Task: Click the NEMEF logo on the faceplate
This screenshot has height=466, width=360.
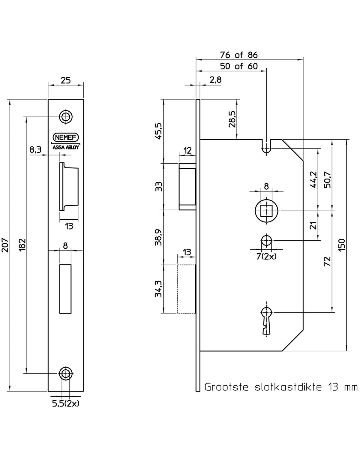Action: pos(66,137)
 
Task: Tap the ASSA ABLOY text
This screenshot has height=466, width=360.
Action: pos(66,148)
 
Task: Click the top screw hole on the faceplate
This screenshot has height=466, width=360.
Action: pos(66,117)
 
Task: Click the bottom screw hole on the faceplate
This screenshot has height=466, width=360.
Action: pos(66,373)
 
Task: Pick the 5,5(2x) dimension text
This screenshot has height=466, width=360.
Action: pos(66,404)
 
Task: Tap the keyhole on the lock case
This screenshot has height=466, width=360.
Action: pos(266,320)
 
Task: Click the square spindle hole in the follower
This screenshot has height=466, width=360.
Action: pos(266,211)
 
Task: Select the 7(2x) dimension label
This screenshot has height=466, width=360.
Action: pos(266,256)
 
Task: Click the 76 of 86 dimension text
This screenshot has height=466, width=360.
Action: pos(239,55)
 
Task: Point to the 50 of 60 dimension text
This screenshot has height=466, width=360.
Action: pos(239,66)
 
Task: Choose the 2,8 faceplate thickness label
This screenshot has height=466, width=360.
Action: pos(215,80)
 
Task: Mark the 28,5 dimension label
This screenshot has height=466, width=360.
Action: pos(232,119)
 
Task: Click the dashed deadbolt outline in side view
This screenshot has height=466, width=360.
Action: pos(186,289)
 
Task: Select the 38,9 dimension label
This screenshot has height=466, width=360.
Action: pos(159,237)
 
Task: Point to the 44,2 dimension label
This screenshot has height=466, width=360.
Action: pos(313,179)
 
